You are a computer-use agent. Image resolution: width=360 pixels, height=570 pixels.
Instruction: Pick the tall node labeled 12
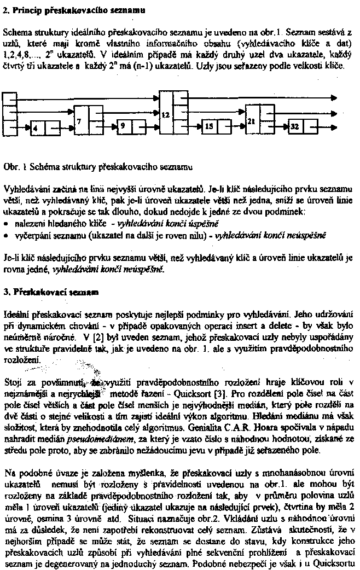pyautogui.click(x=166, y=115)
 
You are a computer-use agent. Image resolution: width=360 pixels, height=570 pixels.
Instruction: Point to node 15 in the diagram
pyautogui.click(x=208, y=127)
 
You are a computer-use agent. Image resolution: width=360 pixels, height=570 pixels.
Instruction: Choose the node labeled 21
pyautogui.click(x=252, y=121)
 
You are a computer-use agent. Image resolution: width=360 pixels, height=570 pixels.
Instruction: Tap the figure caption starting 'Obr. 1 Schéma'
pyautogui.click(x=97, y=165)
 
